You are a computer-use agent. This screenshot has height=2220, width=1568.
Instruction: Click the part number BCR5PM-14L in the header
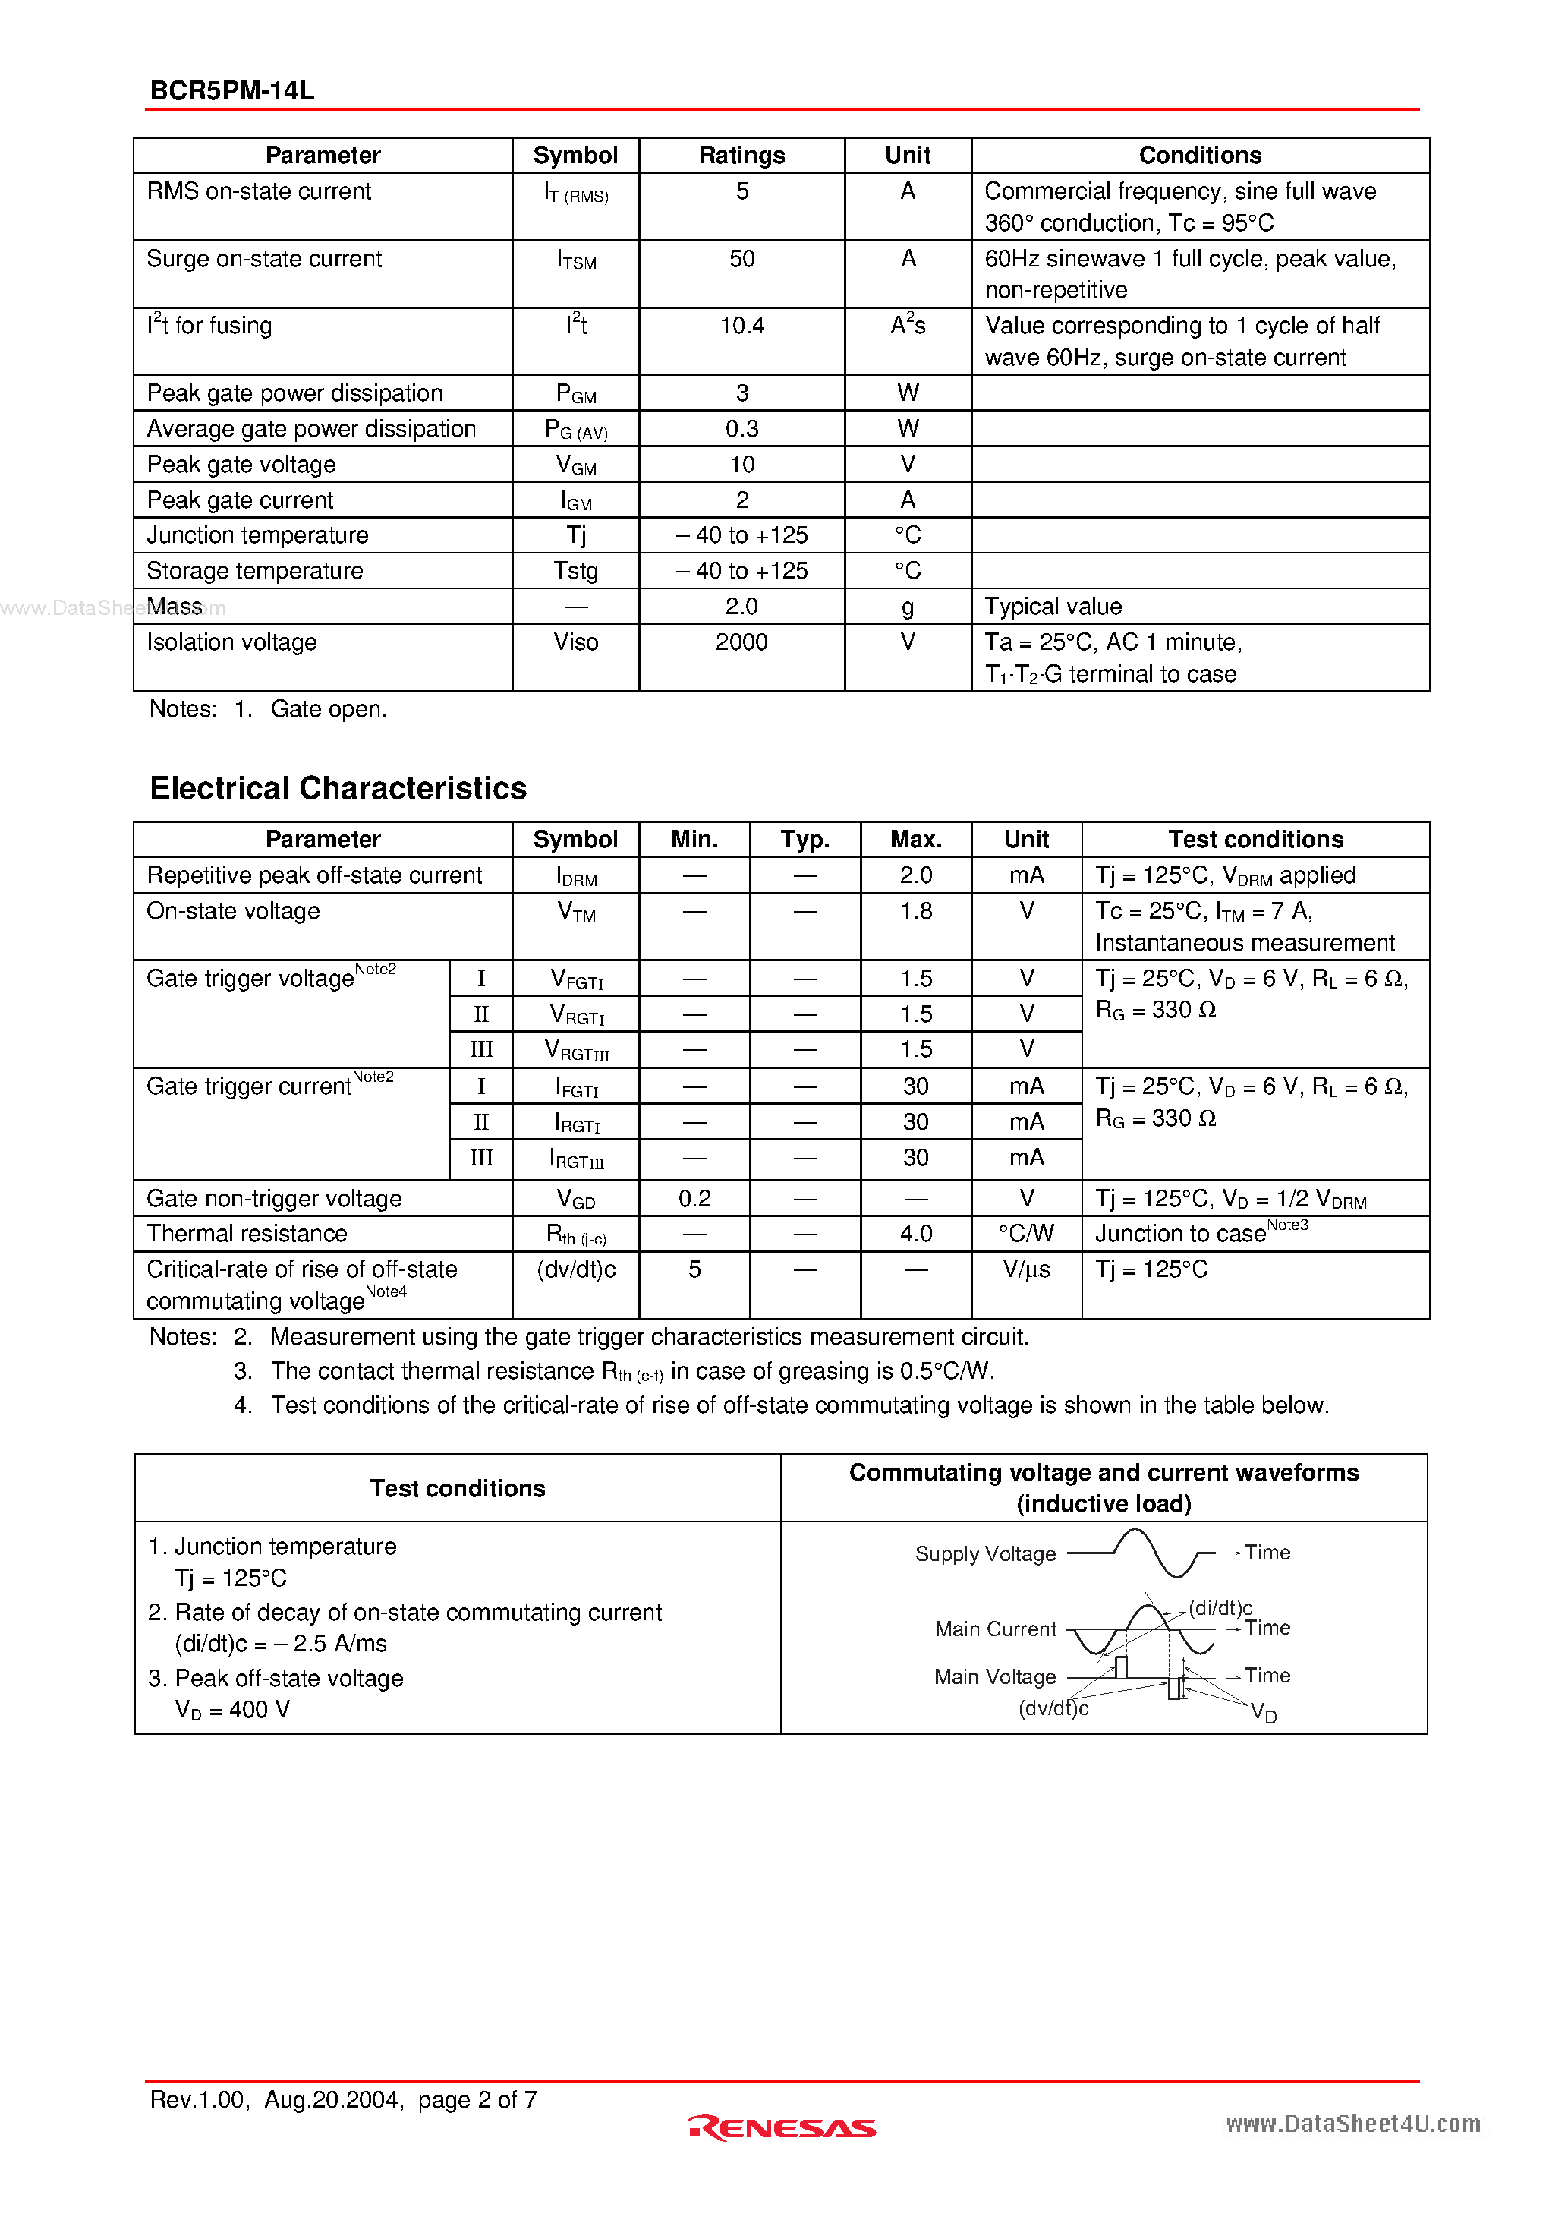[232, 91]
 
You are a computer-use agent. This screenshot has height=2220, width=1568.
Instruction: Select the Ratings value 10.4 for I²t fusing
[741, 326]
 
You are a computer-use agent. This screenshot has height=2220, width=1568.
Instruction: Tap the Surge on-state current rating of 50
[741, 259]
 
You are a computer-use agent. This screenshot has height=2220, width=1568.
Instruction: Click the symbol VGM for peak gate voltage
[575, 465]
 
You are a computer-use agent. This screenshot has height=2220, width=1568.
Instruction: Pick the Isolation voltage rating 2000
[741, 642]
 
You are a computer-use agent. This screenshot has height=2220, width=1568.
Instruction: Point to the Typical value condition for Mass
[1053, 606]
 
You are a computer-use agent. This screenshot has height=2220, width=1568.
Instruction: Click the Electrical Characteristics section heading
[338, 788]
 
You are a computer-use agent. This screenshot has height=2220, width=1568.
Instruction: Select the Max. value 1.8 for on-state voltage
[915, 911]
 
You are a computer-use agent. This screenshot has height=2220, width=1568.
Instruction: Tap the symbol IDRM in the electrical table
[575, 876]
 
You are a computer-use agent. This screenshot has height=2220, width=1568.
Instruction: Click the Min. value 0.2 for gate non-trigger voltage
[694, 1199]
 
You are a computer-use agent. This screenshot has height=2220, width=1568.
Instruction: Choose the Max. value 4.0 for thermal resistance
[915, 1234]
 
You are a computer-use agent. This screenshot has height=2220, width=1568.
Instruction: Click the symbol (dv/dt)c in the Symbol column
[575, 1269]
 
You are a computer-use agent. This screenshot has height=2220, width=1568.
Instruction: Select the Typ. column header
[804, 839]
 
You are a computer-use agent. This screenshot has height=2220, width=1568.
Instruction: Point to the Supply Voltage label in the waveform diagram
[985, 1554]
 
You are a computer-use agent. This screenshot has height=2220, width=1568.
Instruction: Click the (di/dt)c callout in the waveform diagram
[1220, 1607]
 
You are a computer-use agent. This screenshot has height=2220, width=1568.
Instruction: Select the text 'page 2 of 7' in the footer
[477, 2099]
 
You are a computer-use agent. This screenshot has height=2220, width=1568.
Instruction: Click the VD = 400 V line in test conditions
[232, 1710]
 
